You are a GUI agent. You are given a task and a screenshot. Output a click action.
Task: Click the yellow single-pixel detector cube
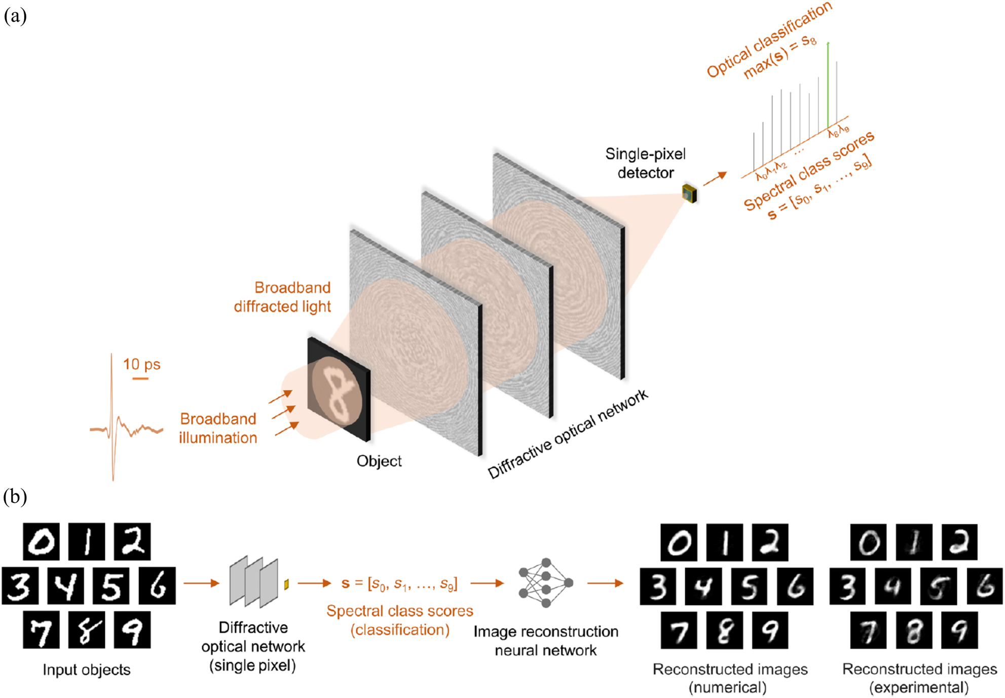click(690, 193)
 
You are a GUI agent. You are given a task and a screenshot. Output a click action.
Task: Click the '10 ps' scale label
click(141, 364)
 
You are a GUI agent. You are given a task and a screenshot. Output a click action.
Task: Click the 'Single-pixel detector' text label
click(645, 163)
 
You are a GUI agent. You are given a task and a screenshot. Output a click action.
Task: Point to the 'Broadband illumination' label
click(218, 428)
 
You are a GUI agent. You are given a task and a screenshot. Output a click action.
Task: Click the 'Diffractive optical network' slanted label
click(568, 434)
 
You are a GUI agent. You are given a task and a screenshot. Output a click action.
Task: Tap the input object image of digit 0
click(41, 542)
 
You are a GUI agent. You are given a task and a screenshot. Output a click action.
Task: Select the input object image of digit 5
click(111, 585)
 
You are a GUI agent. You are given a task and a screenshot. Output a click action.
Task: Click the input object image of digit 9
click(132, 630)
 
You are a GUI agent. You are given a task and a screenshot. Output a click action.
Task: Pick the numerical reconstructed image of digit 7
click(679, 630)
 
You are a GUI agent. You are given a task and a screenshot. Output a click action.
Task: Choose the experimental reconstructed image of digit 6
click(984, 586)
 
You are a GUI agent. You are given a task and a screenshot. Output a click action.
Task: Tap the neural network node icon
click(545, 583)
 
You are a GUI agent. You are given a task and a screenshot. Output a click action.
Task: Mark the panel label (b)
click(15, 496)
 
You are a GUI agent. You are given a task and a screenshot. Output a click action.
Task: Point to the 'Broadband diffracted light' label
click(283, 297)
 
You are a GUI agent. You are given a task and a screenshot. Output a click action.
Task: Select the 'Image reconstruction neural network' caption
click(545, 641)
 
